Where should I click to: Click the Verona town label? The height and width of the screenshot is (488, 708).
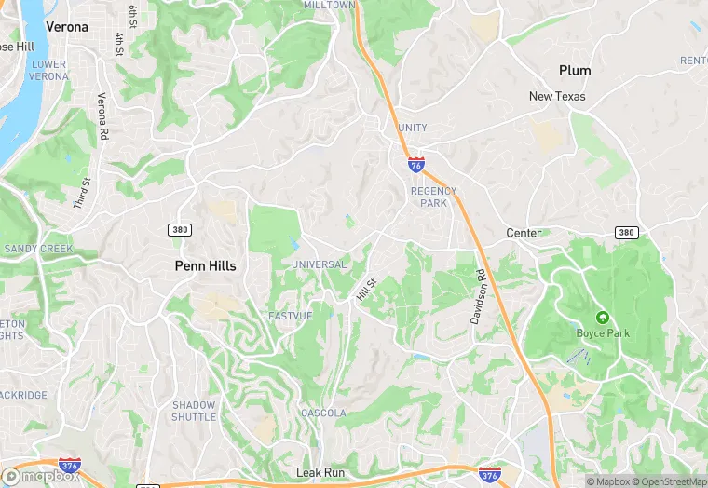click(66, 27)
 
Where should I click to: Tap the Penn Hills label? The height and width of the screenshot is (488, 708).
click(205, 265)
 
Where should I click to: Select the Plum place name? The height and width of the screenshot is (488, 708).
click(575, 71)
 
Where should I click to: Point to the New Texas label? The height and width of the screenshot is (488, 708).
click(557, 96)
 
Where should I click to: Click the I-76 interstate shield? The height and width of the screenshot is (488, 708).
click(415, 165)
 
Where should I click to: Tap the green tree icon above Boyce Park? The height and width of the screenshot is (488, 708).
click(602, 318)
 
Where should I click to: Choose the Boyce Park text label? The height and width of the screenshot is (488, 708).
click(603, 332)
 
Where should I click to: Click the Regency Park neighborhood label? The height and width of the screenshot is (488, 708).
click(434, 197)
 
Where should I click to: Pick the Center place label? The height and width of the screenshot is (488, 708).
click(524, 233)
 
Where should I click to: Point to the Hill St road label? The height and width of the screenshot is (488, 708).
click(365, 290)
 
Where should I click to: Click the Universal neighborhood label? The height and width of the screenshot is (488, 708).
click(319, 264)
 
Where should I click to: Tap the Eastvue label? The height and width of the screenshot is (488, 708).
click(290, 316)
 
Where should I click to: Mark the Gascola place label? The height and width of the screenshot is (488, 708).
click(323, 413)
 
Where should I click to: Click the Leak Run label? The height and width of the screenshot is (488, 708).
click(320, 473)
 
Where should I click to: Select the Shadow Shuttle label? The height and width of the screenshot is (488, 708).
click(194, 411)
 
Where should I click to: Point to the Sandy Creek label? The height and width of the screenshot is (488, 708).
click(38, 249)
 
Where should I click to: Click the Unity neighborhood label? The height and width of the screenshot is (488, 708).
click(412, 128)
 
